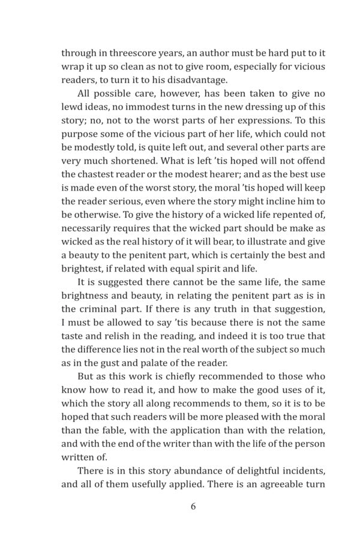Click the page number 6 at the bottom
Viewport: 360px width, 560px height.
tap(193, 507)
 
